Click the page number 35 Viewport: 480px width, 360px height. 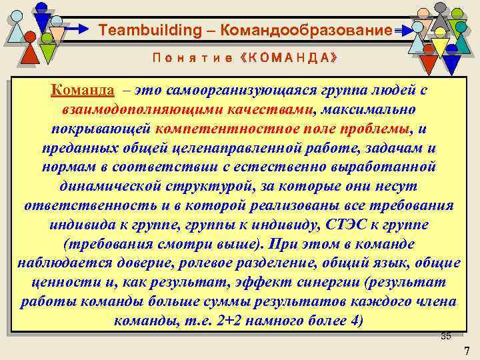446,335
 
